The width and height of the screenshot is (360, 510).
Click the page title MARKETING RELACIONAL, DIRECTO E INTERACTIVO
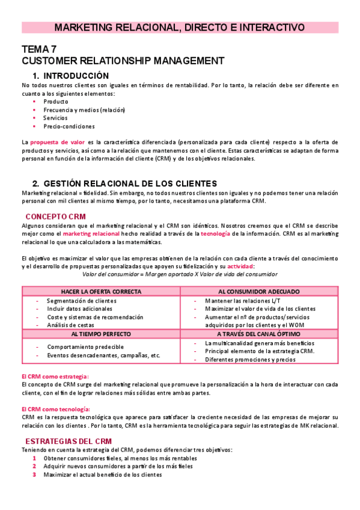tap(180, 28)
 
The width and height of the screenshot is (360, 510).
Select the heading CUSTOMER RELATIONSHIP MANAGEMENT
tap(123, 61)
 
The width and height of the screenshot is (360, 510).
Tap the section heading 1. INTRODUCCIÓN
tap(71, 76)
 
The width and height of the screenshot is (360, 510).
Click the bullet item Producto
tap(56, 102)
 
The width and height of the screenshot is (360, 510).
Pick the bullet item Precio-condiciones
tap(69, 126)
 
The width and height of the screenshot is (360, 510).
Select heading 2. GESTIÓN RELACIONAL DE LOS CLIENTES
tap(124, 183)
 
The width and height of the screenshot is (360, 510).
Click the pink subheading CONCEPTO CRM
tap(55, 216)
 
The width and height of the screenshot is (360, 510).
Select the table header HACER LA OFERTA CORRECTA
tap(101, 291)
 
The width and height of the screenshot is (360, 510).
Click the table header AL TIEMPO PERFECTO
tap(101, 333)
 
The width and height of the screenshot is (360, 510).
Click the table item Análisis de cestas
tap(70, 325)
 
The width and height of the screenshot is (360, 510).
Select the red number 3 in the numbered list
tap(35, 475)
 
